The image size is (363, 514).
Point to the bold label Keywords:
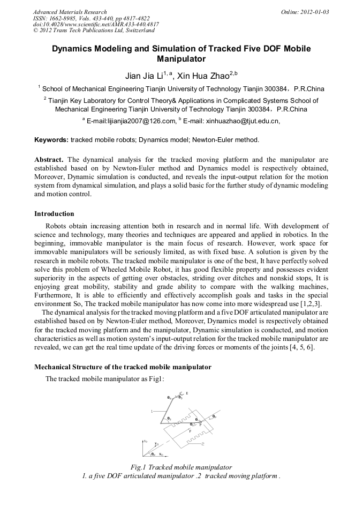point(51,140)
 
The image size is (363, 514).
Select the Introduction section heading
point(54,213)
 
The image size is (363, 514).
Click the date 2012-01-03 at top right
point(314,12)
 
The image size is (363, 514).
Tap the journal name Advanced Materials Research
point(70,12)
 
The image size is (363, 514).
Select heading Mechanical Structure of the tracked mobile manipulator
point(123,367)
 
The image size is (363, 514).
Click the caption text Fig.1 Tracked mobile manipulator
point(182,467)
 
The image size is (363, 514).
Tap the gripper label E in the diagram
point(187,393)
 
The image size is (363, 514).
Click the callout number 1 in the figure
point(152,411)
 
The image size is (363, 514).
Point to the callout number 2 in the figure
point(203,444)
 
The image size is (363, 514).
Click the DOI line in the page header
point(96,25)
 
